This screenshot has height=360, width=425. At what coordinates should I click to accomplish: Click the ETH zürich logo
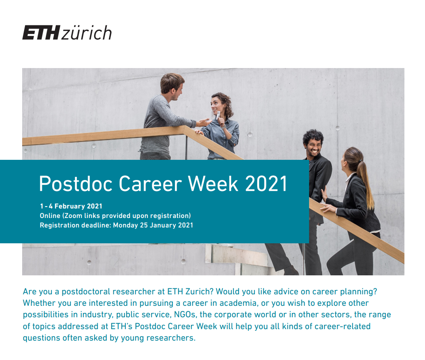(x=67, y=32)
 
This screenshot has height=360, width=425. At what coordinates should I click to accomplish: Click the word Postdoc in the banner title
(x=76, y=184)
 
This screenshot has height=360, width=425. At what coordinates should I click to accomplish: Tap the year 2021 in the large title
(x=266, y=184)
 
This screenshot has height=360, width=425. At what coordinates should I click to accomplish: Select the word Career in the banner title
(x=150, y=184)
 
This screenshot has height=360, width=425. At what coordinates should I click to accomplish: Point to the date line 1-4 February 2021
(x=71, y=206)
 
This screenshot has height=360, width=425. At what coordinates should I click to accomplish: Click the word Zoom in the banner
(x=73, y=216)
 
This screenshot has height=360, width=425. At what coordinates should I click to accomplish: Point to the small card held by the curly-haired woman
(x=218, y=115)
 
